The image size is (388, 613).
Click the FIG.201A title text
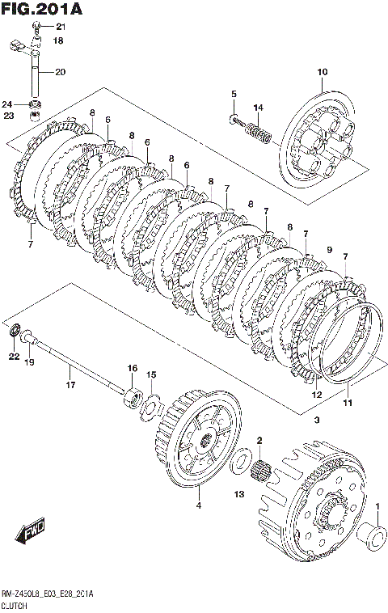42,9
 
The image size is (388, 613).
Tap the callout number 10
322,72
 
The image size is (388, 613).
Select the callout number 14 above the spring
258,108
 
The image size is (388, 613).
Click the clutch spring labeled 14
258,131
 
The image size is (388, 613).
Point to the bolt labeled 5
234,118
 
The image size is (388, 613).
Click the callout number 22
14,357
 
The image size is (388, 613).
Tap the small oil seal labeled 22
15,330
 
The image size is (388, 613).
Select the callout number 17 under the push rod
70,385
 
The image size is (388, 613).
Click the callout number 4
199,505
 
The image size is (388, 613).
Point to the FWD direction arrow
30,531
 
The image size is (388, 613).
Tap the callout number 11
348,402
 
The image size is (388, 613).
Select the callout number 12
317,395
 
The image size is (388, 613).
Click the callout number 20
60,72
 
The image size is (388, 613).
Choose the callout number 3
317,421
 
